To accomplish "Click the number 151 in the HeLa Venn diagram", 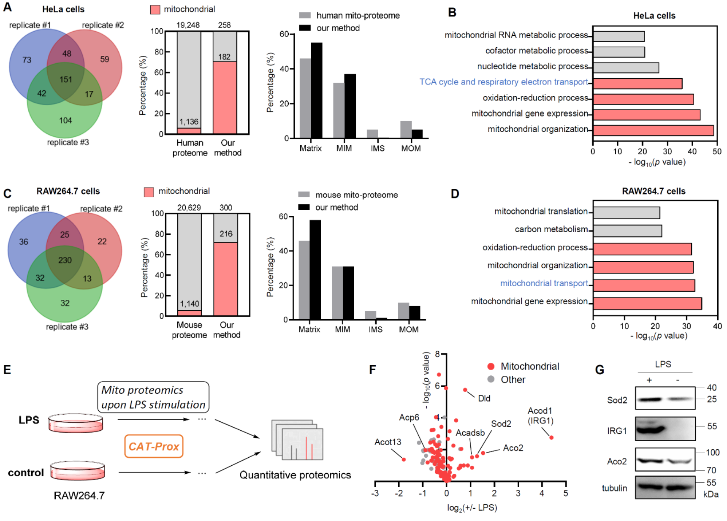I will tap(66, 79).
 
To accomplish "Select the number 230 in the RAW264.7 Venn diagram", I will tap(65, 260).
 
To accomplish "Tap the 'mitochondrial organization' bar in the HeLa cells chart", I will tap(653, 130).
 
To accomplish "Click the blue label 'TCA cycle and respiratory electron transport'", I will tap(504, 82).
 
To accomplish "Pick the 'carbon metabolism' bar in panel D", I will tap(627, 231).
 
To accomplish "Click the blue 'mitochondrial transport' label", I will tap(544, 283).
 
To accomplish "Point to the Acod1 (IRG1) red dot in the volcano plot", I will tap(551, 437).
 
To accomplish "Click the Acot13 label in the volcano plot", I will tap(388, 442).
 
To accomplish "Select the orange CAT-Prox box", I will tap(154, 446).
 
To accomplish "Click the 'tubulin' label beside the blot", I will tap(614, 488).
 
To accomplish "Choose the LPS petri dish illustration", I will tap(76, 423).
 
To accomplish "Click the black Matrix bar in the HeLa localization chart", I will tap(317, 90).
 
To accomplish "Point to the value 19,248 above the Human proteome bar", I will tap(188, 25).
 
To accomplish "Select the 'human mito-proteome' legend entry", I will tap(358, 16).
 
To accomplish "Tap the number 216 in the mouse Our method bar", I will tap(226, 234).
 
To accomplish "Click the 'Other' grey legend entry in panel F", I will tap(513, 380).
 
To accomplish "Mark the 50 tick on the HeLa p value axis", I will tap(717, 152).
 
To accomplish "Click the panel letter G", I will tap(600, 370).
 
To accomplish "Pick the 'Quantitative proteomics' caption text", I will tap(295, 475).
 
